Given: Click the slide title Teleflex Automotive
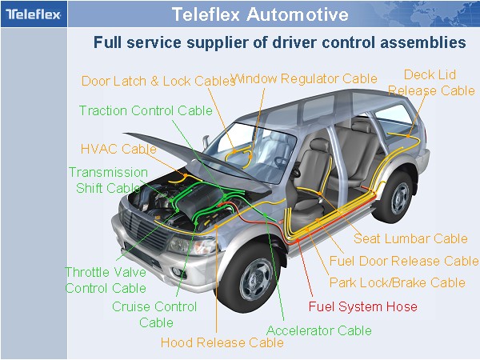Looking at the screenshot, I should click(x=260, y=14).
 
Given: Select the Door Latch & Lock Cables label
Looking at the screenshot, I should click(x=158, y=81).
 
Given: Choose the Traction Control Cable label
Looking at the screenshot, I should click(x=146, y=110).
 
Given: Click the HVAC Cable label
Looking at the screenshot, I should click(x=118, y=149).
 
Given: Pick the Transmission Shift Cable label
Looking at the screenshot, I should click(x=107, y=180).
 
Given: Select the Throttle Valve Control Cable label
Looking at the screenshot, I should click(x=105, y=280).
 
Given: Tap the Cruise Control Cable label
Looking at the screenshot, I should click(x=154, y=314).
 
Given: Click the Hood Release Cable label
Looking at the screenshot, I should click(x=222, y=342).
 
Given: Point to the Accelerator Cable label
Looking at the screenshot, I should click(x=318, y=330).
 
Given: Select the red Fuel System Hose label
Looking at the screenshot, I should click(x=362, y=306).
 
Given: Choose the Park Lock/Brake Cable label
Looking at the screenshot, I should click(x=397, y=282).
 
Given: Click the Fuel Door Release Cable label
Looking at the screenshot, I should click(x=404, y=261).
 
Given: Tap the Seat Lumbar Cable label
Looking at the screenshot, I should click(x=410, y=238).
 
